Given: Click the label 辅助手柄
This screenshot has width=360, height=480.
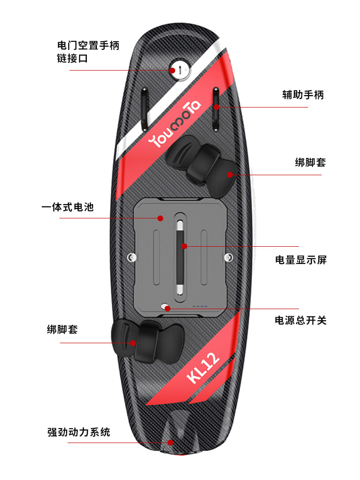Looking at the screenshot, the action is (x=302, y=95).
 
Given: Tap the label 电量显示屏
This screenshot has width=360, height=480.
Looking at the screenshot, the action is (x=300, y=260).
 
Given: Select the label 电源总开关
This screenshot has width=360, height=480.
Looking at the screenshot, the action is (x=300, y=320).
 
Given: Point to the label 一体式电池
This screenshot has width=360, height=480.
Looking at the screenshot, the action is (x=67, y=207).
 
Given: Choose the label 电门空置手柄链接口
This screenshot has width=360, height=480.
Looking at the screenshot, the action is (x=88, y=52).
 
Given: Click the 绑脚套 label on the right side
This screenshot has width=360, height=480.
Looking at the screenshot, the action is (x=310, y=162).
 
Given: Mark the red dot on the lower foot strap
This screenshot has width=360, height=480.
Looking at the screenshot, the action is (x=133, y=343).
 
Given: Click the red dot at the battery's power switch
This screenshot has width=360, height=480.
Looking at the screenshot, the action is (x=168, y=308).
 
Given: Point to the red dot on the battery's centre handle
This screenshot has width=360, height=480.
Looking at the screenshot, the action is (x=183, y=246).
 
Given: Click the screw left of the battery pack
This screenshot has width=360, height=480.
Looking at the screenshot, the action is (x=130, y=258).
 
